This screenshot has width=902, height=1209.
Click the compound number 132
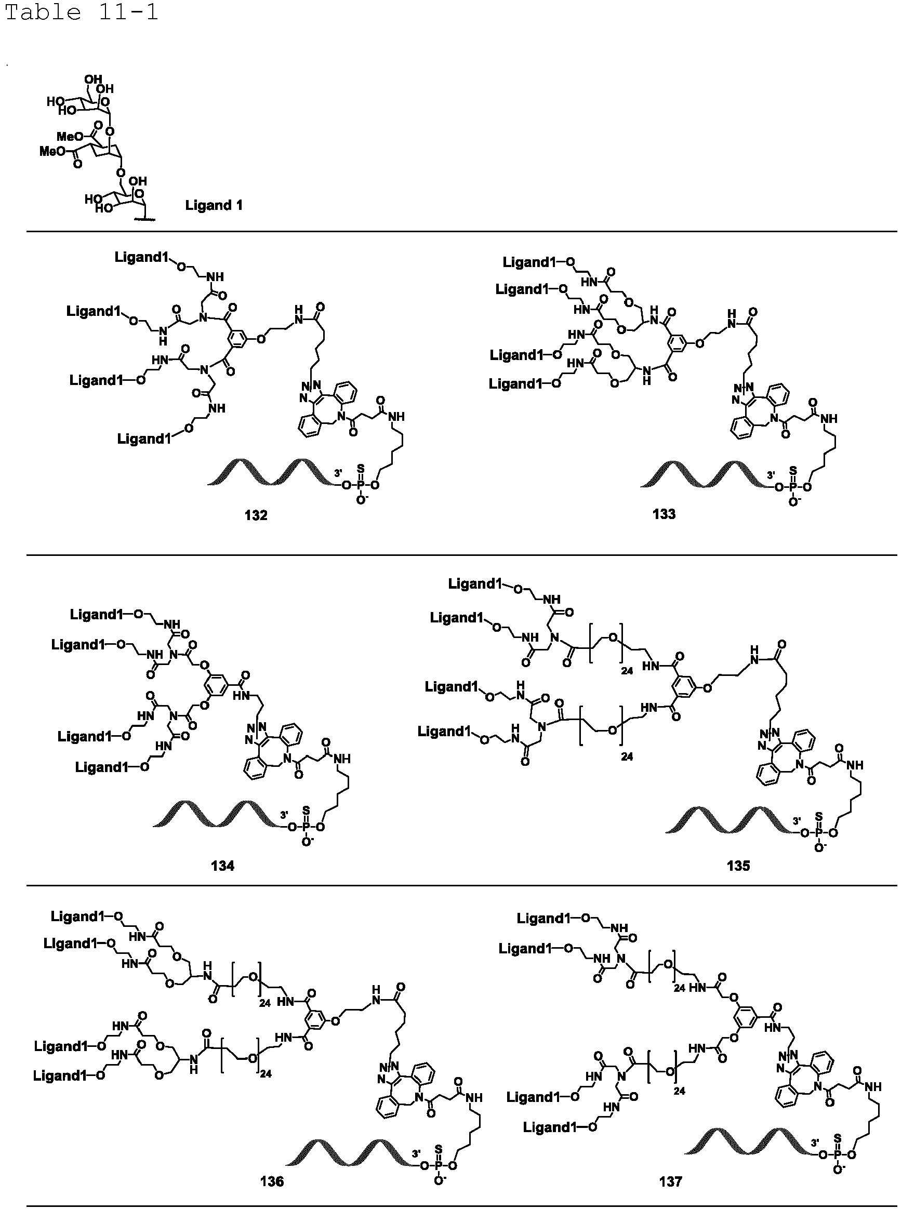click(256, 515)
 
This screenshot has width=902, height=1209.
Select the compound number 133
click(664, 514)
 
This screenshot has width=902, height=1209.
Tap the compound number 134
click(223, 866)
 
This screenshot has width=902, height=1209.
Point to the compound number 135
click(738, 866)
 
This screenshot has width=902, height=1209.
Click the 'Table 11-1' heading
click(82, 12)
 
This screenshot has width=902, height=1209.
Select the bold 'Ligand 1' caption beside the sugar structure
click(214, 205)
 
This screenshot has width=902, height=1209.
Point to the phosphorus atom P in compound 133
click(793, 487)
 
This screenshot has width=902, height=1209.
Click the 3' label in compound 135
click(797, 820)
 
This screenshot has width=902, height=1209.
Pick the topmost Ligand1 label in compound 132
click(141, 258)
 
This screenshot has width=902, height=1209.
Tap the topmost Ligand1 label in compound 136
click(78, 916)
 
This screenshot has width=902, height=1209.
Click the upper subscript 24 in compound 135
click(626, 670)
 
